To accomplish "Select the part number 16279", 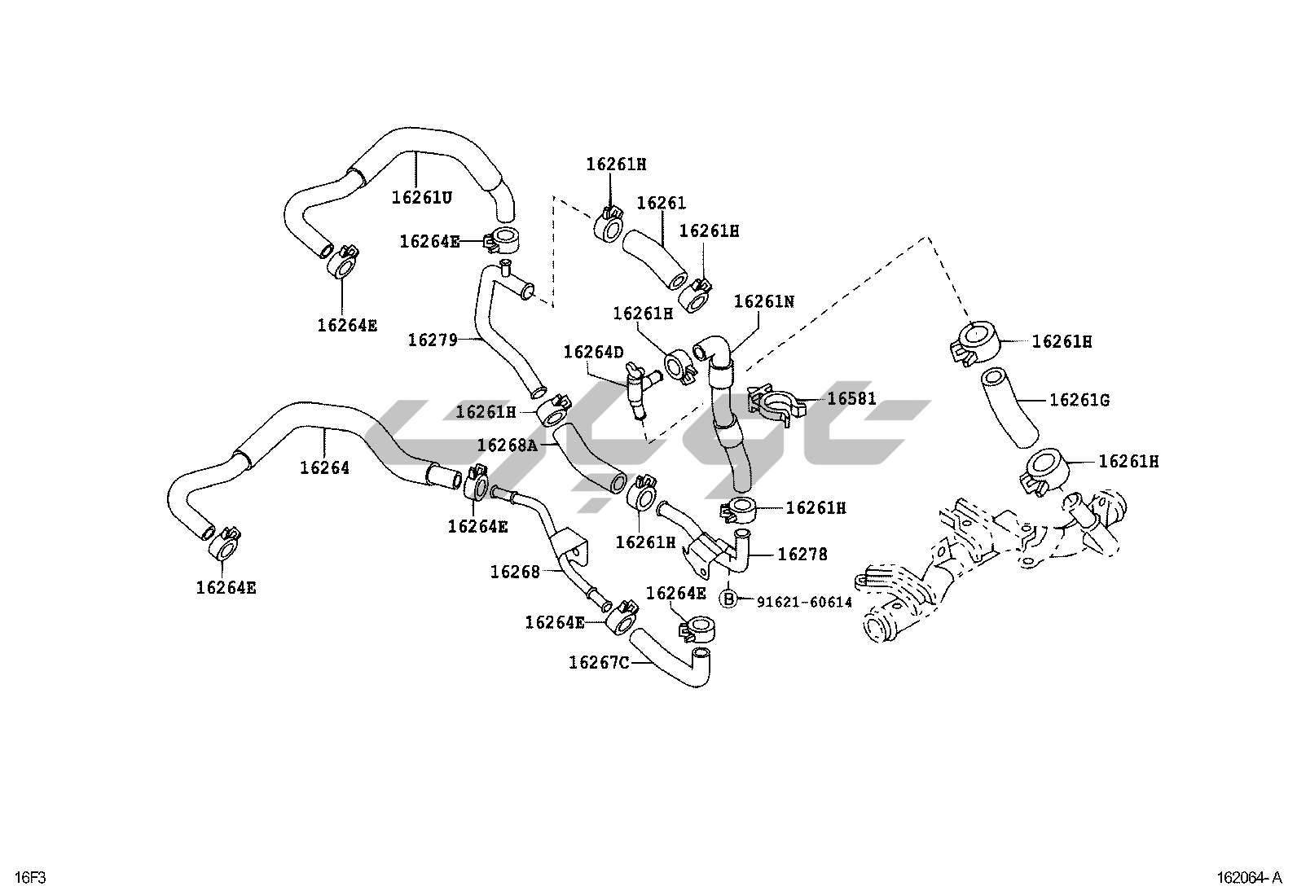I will tap(432, 340).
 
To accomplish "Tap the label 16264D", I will tap(593, 352).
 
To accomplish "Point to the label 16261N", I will tap(763, 301).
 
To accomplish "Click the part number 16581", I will tap(851, 399).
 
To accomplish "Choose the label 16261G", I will tap(1079, 400).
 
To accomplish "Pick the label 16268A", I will tap(507, 445).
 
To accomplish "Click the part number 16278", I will tap(802, 555).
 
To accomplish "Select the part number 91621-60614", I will tap(804, 602).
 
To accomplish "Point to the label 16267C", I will tap(599, 662).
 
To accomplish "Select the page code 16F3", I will tap(30, 877).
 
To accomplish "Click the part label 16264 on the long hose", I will tap(324, 468).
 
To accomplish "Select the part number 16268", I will tap(515, 573).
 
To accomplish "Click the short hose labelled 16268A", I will tap(587, 460).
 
